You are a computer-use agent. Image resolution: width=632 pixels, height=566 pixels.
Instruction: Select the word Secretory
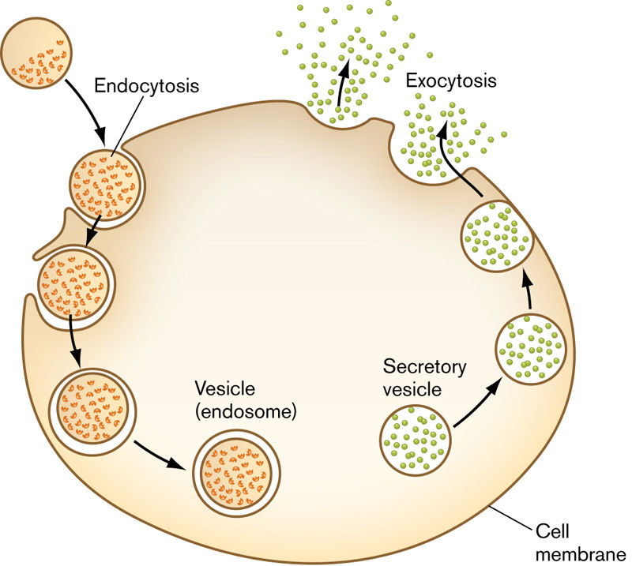point(425,367)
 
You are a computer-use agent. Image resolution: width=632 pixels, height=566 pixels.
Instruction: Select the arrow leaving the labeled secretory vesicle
point(477,403)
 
